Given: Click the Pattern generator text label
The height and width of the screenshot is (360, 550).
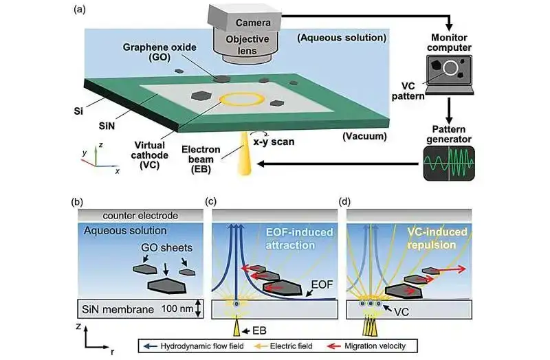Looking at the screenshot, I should coord(449,133).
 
